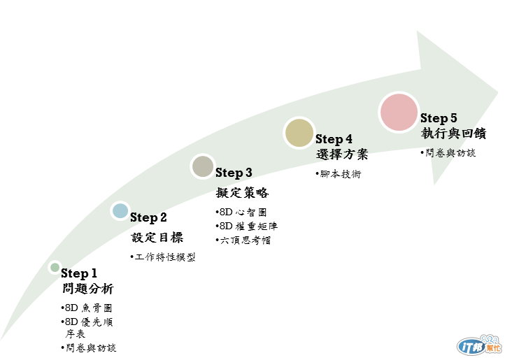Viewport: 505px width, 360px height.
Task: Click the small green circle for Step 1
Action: point(55,267)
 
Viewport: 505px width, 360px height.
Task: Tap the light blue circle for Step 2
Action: point(120,210)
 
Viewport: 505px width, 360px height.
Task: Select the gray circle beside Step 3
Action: point(203,166)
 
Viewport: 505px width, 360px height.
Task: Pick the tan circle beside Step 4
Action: point(299,134)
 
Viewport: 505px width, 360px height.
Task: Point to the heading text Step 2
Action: point(148,218)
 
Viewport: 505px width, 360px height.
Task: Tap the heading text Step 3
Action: point(234,173)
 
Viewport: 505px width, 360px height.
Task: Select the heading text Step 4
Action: point(334,140)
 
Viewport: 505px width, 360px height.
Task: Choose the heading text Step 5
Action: point(439,118)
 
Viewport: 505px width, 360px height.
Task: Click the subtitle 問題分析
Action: point(87,289)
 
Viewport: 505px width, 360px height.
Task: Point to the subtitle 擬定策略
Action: point(242,193)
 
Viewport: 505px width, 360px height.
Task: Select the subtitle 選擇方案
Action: point(341,154)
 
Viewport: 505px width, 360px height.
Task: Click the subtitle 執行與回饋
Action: point(453,133)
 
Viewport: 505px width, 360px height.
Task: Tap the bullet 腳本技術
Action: point(341,175)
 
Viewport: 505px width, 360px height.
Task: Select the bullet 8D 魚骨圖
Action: point(89,308)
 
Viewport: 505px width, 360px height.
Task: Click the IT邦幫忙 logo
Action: point(479,346)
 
